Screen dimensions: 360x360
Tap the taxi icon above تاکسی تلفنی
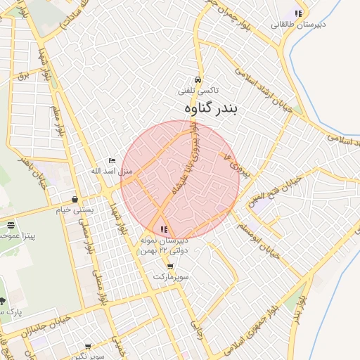coord(199,79)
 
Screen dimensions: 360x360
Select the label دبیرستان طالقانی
coord(297,25)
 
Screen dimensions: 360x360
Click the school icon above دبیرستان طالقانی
coord(299,13)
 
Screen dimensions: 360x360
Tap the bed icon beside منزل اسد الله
coord(112,161)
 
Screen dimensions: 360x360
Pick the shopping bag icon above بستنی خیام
coord(75,199)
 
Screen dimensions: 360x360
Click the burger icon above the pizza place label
coord(11,225)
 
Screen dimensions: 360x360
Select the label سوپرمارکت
coord(172,277)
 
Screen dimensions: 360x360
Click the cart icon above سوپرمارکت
coord(170,266)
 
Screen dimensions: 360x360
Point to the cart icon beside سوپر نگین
coord(87,347)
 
